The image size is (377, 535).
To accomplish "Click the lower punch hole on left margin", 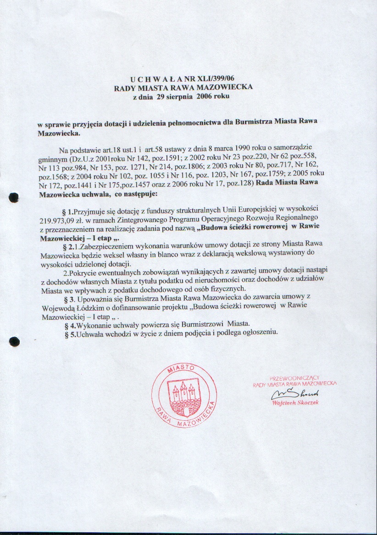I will click(x=14, y=341).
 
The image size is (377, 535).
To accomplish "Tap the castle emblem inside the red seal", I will click(x=184, y=392).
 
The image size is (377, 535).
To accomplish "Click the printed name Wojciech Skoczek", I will click(x=295, y=402).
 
